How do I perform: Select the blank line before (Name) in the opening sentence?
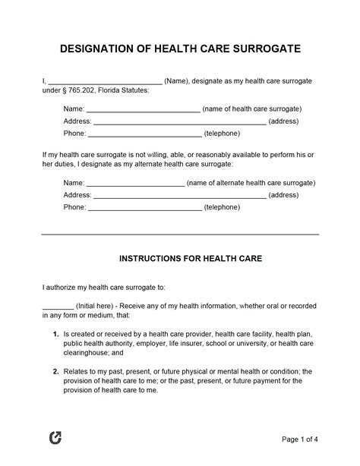[105, 80]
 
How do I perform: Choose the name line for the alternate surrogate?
[135, 183]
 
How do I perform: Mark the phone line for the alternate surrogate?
[144, 206]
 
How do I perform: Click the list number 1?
[77, 333]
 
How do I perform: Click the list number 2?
[77, 372]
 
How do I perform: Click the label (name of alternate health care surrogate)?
[251, 183]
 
